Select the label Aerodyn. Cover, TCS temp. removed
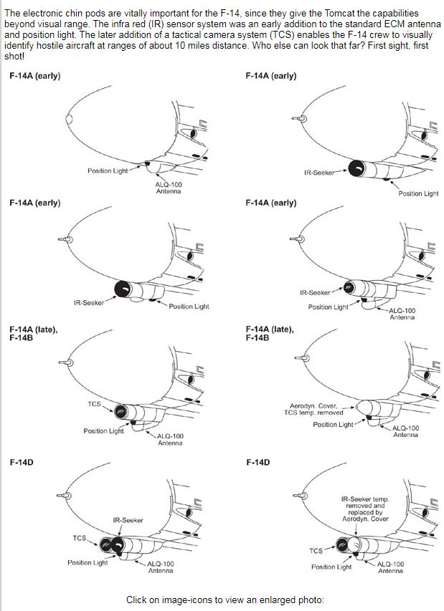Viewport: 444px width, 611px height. click(x=313, y=409)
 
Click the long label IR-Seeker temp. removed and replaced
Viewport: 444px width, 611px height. click(x=365, y=508)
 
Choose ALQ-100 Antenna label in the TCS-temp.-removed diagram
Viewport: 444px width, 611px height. click(x=406, y=431)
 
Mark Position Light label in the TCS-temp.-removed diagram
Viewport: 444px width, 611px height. click(x=333, y=425)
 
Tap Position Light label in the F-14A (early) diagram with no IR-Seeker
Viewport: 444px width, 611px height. click(x=108, y=171)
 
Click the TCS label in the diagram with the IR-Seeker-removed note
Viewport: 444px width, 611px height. click(x=316, y=551)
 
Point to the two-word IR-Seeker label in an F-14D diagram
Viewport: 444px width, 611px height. click(x=128, y=520)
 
